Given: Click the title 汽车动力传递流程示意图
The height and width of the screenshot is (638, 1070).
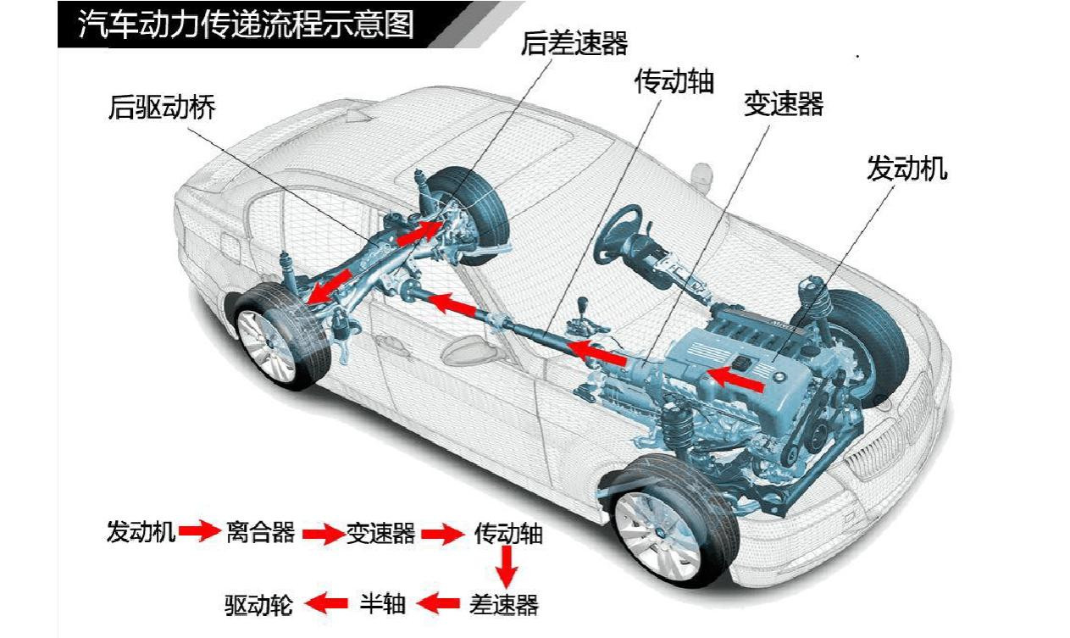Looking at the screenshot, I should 246,25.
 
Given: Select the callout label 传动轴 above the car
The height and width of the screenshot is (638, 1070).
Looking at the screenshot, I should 674,81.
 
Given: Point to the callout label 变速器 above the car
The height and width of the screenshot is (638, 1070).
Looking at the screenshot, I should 784,104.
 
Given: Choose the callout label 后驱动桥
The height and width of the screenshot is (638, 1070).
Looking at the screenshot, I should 162,108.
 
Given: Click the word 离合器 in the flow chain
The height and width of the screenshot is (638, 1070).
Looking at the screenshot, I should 260,532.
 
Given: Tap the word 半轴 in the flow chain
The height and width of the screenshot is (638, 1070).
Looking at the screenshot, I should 383,604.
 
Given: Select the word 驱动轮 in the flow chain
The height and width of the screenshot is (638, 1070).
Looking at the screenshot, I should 258,604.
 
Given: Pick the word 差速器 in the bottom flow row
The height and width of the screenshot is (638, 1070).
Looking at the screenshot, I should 504,604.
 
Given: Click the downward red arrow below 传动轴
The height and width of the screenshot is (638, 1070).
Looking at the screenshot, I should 507,566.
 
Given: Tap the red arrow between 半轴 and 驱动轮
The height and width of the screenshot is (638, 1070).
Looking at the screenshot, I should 326,604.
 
